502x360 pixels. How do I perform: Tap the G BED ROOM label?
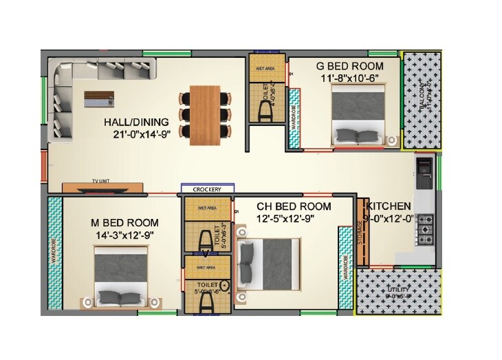tap(349, 66)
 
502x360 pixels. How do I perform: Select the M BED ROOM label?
tap(124, 223)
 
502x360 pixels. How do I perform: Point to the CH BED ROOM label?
tap(294, 207)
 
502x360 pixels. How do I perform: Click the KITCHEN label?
tap(390, 207)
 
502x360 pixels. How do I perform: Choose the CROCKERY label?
tap(207, 189)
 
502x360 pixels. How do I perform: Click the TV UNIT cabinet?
tap(102, 186)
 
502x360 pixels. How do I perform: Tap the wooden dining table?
tap(204, 114)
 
